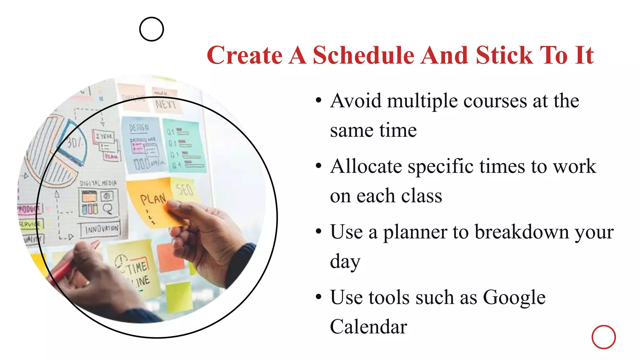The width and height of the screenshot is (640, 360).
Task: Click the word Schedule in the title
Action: (364, 55)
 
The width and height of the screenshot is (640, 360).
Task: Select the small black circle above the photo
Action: (152, 29)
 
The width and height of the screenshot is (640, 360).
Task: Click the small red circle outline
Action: (603, 337)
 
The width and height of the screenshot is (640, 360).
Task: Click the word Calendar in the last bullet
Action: (368, 327)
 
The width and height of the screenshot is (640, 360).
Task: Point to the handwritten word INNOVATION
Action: (102, 229)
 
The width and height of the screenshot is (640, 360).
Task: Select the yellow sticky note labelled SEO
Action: (185, 189)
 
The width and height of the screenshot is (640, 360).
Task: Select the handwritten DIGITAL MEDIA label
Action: (98, 183)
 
